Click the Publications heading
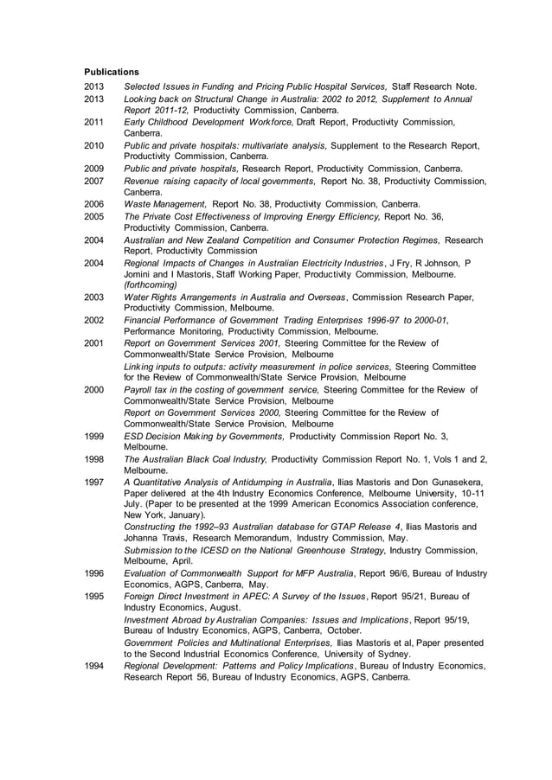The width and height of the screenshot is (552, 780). (x=111, y=71)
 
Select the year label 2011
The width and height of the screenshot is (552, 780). (x=93, y=123)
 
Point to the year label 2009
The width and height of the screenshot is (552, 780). (x=93, y=169)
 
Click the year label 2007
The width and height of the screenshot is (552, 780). (x=93, y=181)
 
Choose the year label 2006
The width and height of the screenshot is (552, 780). (x=93, y=204)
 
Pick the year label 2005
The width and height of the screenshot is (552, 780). (x=93, y=216)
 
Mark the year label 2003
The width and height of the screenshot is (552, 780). (x=93, y=297)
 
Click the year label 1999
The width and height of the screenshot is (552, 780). (x=93, y=437)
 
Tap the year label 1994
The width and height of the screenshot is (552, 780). (x=93, y=666)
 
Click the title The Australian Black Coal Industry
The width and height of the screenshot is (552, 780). (x=196, y=459)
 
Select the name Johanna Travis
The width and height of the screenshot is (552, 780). (x=152, y=537)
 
